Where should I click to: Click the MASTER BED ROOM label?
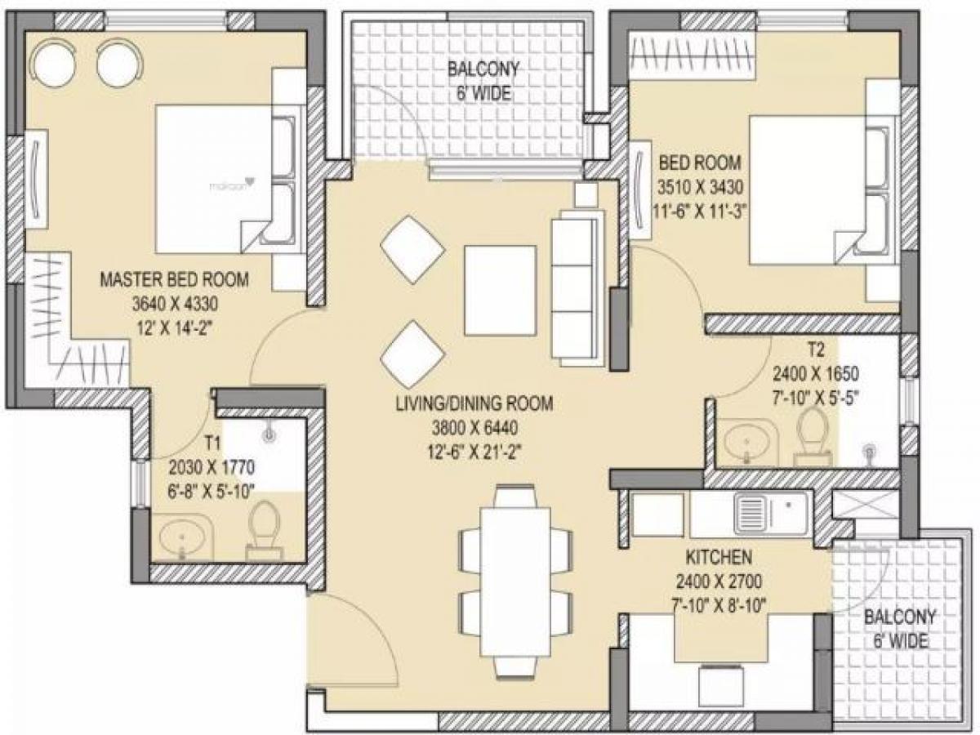tap(174, 280)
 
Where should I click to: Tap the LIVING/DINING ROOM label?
tap(474, 403)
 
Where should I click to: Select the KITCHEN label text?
tap(719, 559)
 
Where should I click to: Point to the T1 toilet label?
tap(213, 443)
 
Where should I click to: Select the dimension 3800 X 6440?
tap(474, 426)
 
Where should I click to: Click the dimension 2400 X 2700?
tap(719, 582)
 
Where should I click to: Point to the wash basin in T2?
tap(747, 443)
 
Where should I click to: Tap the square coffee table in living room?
tap(501, 289)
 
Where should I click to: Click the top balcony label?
tap(483, 81)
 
